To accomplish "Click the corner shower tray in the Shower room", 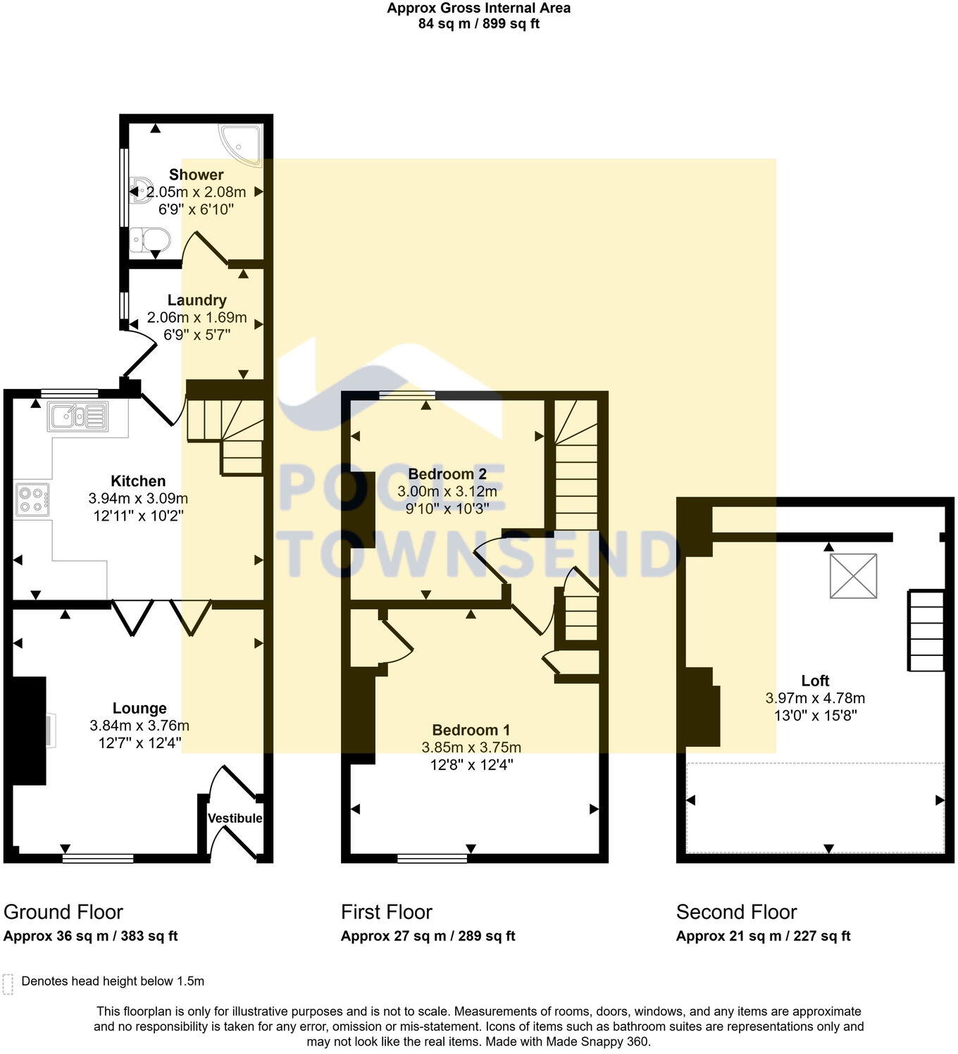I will pyautogui.click(x=241, y=144).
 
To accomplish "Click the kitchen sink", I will pyautogui.click(x=77, y=416).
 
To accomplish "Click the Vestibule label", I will pyautogui.click(x=235, y=818).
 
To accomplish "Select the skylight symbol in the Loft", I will pyautogui.click(x=853, y=576).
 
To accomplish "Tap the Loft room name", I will pyautogui.click(x=815, y=681).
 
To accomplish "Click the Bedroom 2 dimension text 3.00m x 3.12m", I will pyautogui.click(x=447, y=491).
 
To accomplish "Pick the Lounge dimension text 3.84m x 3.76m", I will pyautogui.click(x=139, y=726).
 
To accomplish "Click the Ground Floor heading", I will pyautogui.click(x=63, y=912).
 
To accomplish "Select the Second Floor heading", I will pyautogui.click(x=736, y=912).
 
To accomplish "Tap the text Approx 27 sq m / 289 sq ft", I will pyautogui.click(x=428, y=936).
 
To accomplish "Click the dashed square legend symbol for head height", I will pyautogui.click(x=8, y=984).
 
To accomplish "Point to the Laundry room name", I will pyautogui.click(x=197, y=300).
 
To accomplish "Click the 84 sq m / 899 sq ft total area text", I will pyautogui.click(x=479, y=23).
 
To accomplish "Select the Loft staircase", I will pyautogui.click(x=926, y=631).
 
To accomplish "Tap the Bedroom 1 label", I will pyautogui.click(x=471, y=730).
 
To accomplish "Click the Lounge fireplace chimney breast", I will pyautogui.click(x=29, y=731).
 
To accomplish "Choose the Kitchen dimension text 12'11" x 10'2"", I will pyautogui.click(x=138, y=516).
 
